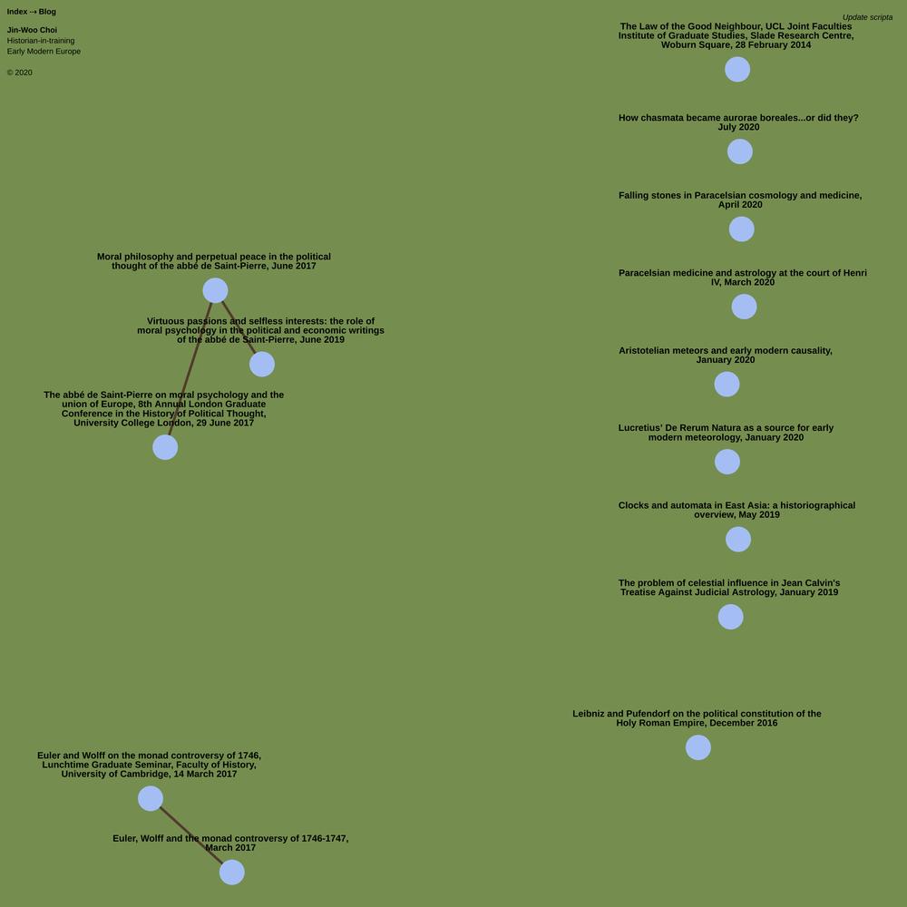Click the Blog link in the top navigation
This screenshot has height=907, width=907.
coord(47,12)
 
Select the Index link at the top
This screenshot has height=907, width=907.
coord(16,12)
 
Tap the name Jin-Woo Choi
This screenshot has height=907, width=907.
coord(32,30)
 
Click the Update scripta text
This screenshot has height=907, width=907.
coord(867,17)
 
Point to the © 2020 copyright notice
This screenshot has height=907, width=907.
coord(20,73)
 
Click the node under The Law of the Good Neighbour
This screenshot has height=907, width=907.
coord(737,70)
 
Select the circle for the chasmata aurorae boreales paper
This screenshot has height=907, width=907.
coord(740,151)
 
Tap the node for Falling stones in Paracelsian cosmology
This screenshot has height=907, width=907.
coord(742,229)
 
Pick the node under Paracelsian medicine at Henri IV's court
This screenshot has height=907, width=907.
coord(744,307)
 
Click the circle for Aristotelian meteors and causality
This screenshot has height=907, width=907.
coord(727,384)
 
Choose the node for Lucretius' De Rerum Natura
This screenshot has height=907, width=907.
coord(727,462)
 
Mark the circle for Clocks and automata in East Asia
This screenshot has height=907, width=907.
coord(738,539)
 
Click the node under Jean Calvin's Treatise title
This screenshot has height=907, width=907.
coord(730,617)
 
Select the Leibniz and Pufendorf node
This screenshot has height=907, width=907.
coord(698,747)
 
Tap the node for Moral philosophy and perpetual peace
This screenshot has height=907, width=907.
coord(215,290)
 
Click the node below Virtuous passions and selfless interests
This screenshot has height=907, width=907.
coord(262,365)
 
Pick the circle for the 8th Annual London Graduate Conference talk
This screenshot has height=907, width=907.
coord(165,447)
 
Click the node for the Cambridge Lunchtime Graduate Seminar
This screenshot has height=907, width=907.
coord(151,798)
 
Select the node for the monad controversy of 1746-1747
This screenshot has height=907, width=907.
coord(232,872)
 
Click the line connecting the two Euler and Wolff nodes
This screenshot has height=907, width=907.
coord(190,835)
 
